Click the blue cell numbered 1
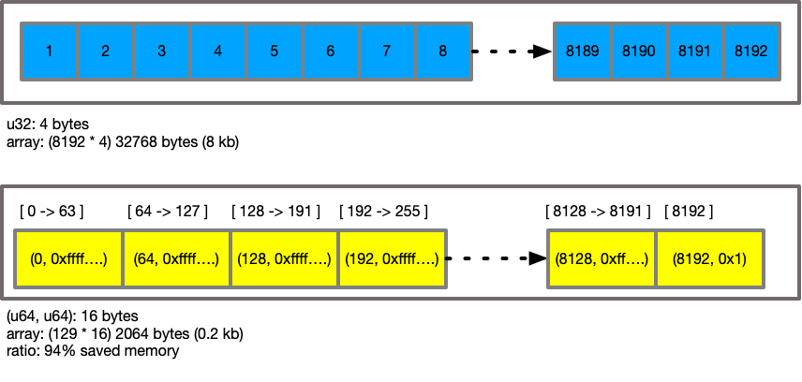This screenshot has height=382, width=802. [49, 51]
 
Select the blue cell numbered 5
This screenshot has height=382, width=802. [275, 51]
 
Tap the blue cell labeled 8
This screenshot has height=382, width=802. [443, 51]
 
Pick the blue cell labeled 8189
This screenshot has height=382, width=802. [583, 51]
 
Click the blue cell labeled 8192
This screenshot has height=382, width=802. [751, 51]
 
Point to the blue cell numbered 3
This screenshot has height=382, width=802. [162, 51]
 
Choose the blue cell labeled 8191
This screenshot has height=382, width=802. [695, 51]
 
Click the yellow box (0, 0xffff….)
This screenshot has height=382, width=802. [69, 258]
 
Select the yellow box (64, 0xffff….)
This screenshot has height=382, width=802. [176, 258]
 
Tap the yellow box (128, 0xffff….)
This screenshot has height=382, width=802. [285, 258]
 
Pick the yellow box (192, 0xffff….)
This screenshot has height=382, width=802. [393, 258]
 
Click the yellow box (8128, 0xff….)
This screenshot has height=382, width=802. [601, 258]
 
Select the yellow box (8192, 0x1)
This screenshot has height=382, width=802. [710, 258]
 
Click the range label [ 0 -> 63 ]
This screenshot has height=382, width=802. [52, 211]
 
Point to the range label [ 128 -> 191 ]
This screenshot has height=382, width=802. [275, 211]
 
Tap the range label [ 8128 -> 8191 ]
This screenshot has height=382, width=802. [598, 211]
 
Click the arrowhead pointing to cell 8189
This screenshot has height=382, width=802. [542, 51]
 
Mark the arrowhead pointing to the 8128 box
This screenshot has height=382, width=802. [538, 258]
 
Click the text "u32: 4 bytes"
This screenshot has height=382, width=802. [48, 124]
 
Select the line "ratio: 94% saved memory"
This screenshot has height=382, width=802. [93, 351]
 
